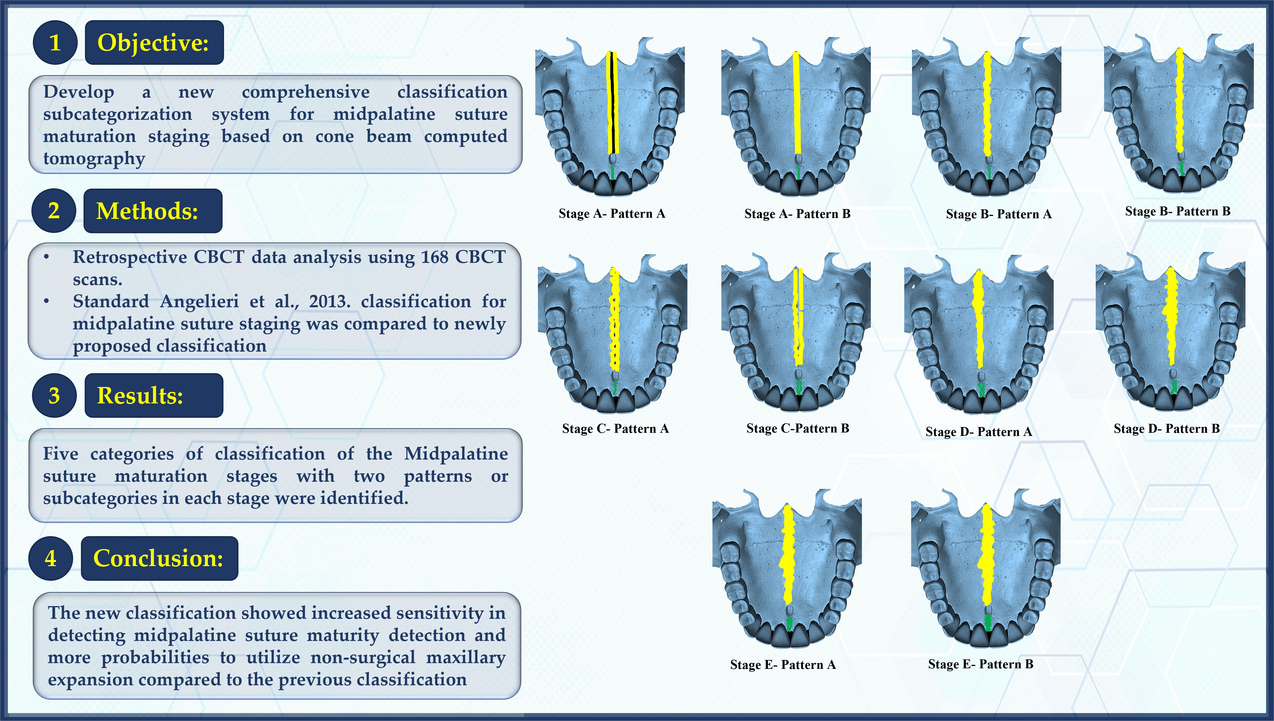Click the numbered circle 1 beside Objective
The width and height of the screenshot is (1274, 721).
pyautogui.click(x=55, y=43)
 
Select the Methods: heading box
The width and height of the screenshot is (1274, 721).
pyautogui.click(x=153, y=211)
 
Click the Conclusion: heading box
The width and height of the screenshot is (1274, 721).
pyautogui.click(x=159, y=558)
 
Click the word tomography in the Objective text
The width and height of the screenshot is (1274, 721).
pyautogui.click(x=94, y=158)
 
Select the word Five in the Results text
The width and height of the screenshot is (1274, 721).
pyautogui.click(x=60, y=454)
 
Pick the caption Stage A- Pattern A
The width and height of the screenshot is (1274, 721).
pyautogui.click(x=611, y=213)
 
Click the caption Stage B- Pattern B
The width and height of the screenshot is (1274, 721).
pyautogui.click(x=1178, y=211)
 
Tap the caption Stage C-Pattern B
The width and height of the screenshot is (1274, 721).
pyautogui.click(x=797, y=428)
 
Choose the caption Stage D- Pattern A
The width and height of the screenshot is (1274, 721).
pyautogui.click(x=979, y=432)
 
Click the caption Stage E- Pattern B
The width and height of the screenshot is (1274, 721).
pyautogui.click(x=980, y=664)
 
